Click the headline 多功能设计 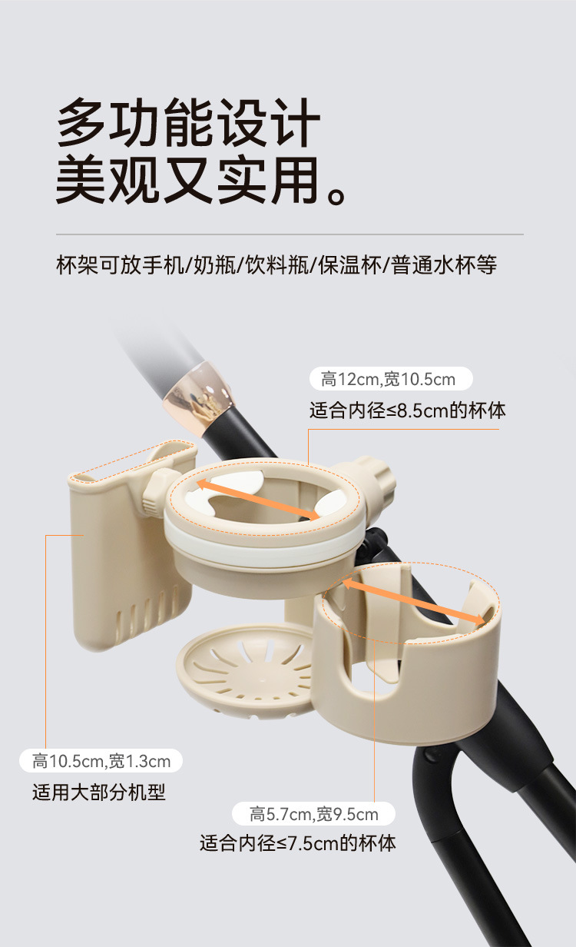click(x=188, y=122)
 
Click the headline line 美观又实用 click(x=201, y=181)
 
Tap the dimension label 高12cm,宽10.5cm click(x=388, y=379)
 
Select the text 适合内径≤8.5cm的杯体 click(x=408, y=410)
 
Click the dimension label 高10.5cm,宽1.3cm click(x=101, y=762)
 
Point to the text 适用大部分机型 click(x=99, y=792)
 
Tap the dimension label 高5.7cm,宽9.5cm click(x=314, y=814)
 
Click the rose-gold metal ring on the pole click(x=197, y=398)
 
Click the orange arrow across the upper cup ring click(x=258, y=500)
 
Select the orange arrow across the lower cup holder click(x=414, y=603)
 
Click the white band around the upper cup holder click(x=263, y=548)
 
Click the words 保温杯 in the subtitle click(x=349, y=265)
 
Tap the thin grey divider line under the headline click(x=290, y=234)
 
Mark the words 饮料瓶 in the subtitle click(x=277, y=265)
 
